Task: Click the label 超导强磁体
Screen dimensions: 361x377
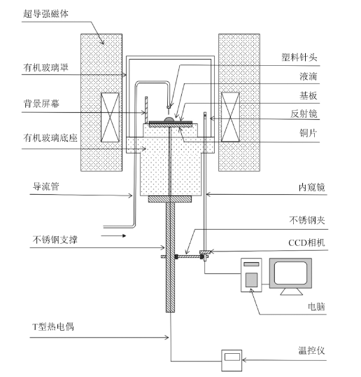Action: [x=45, y=13]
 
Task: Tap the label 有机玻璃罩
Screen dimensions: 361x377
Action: [x=45, y=67]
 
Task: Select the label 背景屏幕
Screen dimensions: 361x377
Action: [x=41, y=104]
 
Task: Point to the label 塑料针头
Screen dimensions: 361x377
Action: [x=299, y=57]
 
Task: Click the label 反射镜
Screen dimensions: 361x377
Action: [x=304, y=114]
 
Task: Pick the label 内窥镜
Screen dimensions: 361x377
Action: [x=312, y=187]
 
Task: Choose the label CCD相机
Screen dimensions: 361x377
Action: [x=306, y=243]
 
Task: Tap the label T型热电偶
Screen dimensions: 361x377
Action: [x=53, y=327]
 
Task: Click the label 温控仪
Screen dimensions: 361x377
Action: [x=311, y=350]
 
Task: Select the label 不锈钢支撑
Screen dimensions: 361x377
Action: [x=55, y=240]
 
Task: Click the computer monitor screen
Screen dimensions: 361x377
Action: [x=290, y=273]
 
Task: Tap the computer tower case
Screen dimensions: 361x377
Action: [x=251, y=275]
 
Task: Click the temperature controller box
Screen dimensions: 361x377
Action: [x=232, y=361]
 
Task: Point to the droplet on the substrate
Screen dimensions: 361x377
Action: [x=169, y=119]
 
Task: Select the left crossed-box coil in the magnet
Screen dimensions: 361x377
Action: [x=110, y=117]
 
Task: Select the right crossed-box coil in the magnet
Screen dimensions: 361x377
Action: [x=230, y=117]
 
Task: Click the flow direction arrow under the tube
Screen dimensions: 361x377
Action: [x=113, y=236]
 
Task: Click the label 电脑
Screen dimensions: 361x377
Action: [x=316, y=307]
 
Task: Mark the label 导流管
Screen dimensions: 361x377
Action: [x=45, y=186]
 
